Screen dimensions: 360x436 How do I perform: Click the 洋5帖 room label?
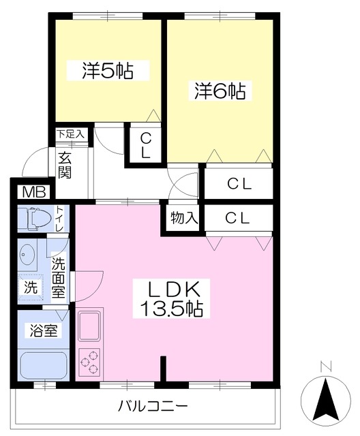(108, 71)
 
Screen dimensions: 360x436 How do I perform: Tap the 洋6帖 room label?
(220, 91)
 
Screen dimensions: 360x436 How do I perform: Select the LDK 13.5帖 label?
(172, 299)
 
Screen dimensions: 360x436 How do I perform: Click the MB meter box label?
(34, 191)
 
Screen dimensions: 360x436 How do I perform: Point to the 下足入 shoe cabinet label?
(70, 134)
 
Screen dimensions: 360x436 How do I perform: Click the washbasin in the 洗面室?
(27, 253)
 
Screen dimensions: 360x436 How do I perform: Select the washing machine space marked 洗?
(31, 287)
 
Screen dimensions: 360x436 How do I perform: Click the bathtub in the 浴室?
(44, 366)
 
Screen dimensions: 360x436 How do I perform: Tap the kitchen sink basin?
(89, 326)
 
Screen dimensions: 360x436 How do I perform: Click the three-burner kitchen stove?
(89, 361)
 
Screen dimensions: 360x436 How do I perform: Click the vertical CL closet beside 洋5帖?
(145, 144)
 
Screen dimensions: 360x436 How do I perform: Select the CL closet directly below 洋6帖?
(239, 183)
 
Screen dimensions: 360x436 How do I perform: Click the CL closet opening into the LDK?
(239, 218)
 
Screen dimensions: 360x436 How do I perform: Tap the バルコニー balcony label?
(153, 407)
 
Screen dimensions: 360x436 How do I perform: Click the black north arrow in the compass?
(326, 401)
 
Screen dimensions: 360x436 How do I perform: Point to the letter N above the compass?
(325, 367)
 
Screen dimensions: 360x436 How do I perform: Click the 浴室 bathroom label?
(44, 330)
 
